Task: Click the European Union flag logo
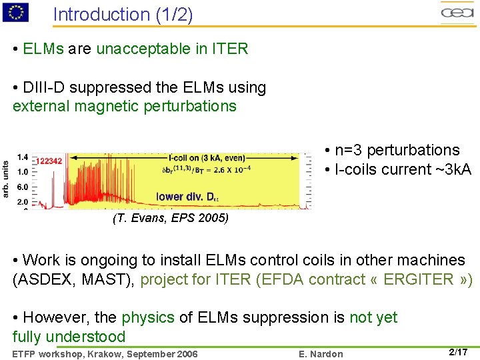pyautogui.click(x=15, y=11)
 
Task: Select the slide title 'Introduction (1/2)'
pyautogui.click(x=123, y=15)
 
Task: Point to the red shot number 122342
pyautogui.click(x=49, y=161)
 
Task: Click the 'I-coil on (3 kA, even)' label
pyautogui.click(x=207, y=158)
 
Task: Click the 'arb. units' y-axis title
pyautogui.click(x=6, y=179)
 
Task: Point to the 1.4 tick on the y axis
pyautogui.click(x=22, y=157)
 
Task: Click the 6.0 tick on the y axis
pyautogui.click(x=22, y=187)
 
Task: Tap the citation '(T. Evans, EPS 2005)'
pyautogui.click(x=171, y=218)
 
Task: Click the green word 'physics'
pyautogui.click(x=148, y=317)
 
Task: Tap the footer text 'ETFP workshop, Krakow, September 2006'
pyautogui.click(x=105, y=353)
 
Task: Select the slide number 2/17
pyautogui.click(x=458, y=352)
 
